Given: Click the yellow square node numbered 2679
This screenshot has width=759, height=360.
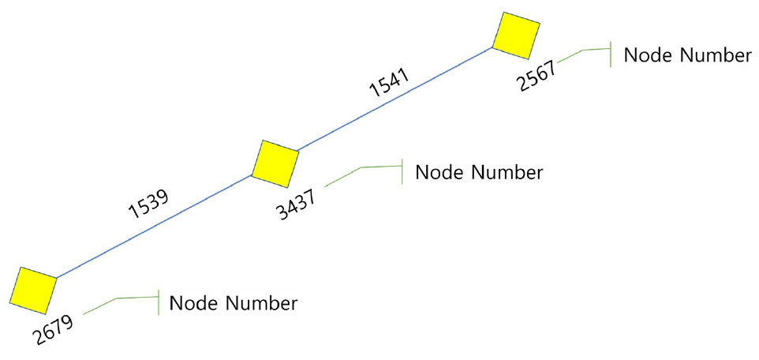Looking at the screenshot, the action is (33, 290).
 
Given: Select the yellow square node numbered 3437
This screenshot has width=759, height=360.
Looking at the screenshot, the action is (275, 163).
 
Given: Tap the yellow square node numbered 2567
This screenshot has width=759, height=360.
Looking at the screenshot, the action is (516, 36).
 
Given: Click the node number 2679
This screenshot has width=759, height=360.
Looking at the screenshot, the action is (53, 329).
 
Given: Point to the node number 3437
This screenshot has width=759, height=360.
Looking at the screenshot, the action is (297, 204).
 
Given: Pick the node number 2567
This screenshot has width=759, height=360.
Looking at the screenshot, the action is (537, 75).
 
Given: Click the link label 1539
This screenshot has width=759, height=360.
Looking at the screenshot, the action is (148, 204).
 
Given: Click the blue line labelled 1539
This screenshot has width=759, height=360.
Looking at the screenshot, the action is (154, 227).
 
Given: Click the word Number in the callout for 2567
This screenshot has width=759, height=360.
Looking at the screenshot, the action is (716, 54).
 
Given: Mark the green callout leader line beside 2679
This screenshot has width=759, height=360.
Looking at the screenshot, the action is (118, 298).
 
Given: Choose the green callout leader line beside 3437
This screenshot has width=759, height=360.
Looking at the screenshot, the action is (361, 167).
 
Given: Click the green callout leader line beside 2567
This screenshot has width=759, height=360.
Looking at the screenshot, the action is (582, 50).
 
